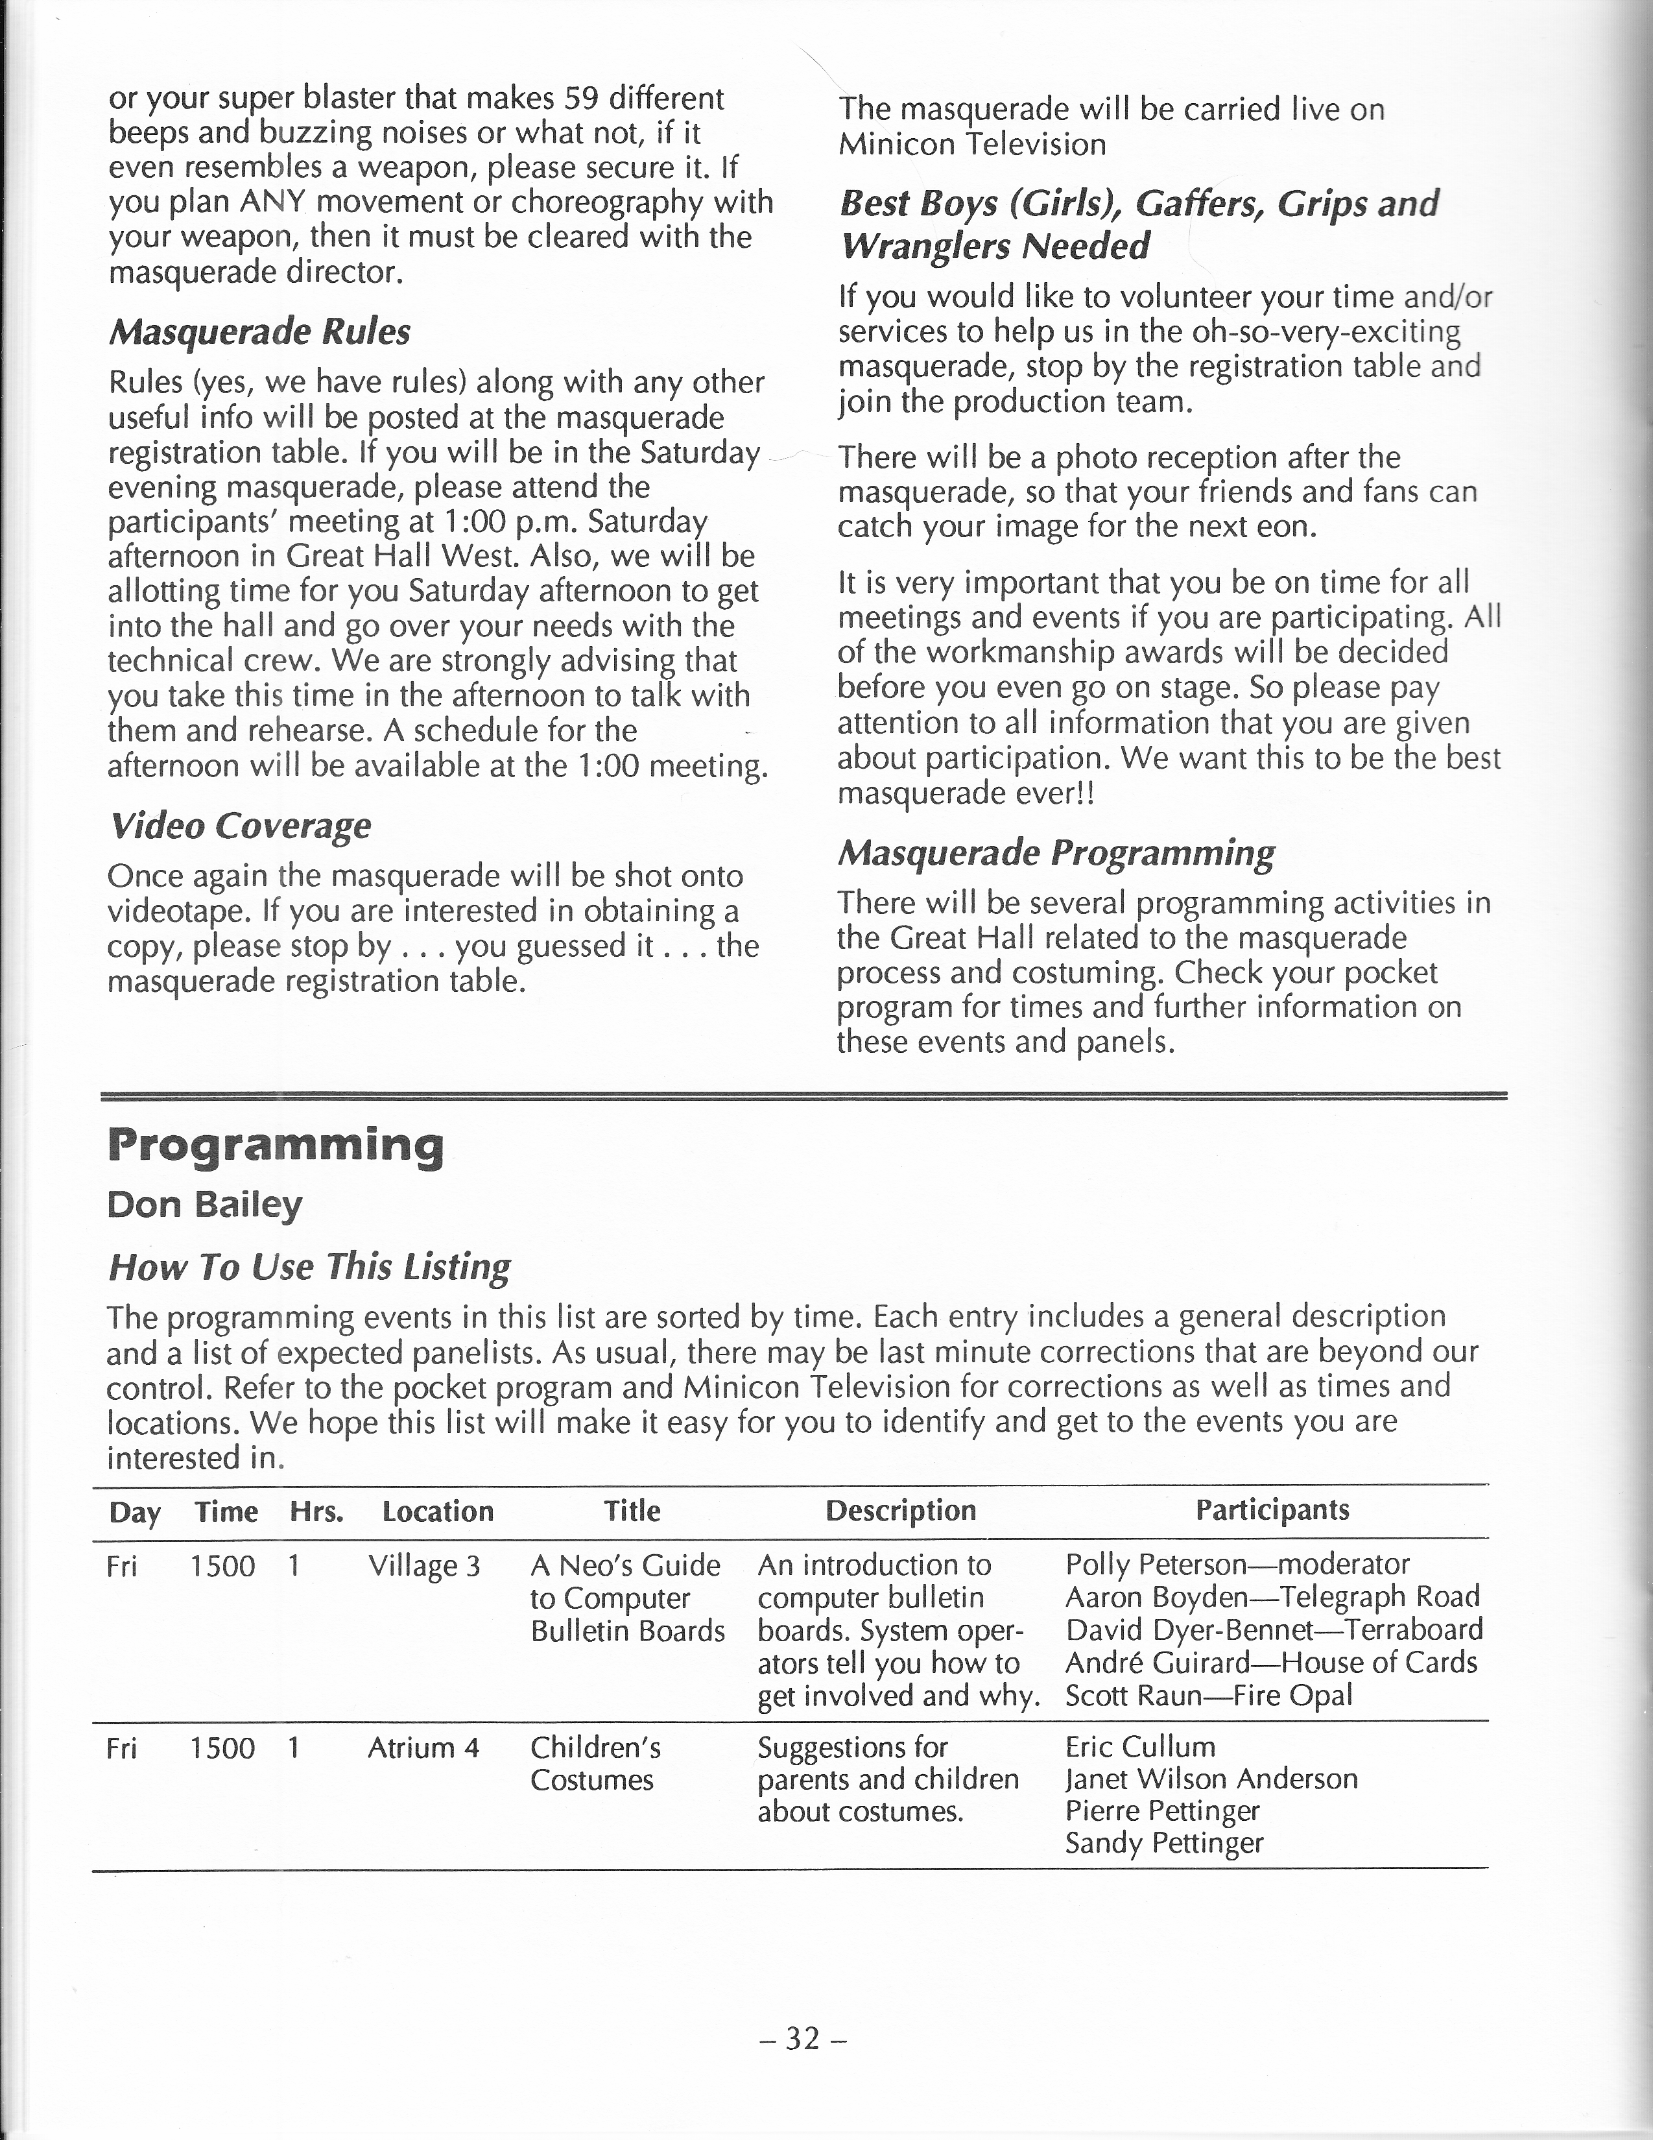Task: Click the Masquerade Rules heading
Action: click(259, 331)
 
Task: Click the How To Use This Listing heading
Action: click(309, 1266)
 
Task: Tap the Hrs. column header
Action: click(316, 1512)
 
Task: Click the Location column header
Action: click(437, 1512)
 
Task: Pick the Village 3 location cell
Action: click(424, 1566)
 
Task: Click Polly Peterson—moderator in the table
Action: click(1237, 1564)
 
